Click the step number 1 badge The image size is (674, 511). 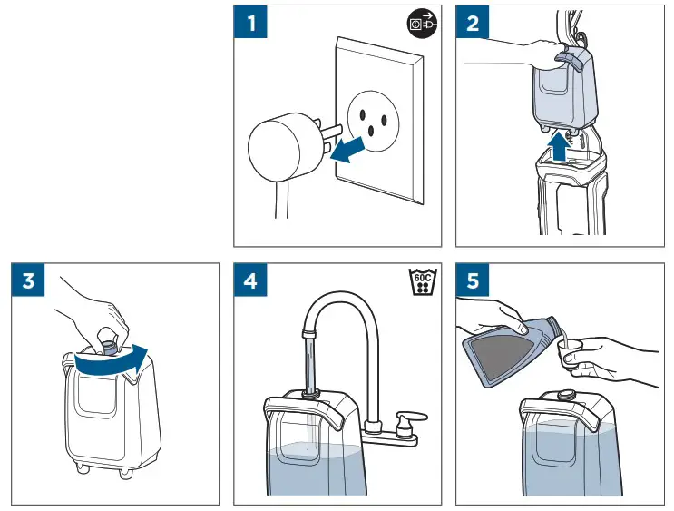tap(250, 22)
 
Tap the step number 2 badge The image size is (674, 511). tap(473, 22)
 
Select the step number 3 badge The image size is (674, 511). tap(28, 280)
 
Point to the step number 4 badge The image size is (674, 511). tap(250, 280)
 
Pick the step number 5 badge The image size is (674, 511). tap(473, 280)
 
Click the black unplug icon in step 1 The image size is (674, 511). tap(422, 23)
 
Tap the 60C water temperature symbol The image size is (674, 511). tap(422, 282)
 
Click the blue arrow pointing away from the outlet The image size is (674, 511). tap(347, 151)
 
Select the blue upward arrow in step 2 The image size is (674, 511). tap(560, 147)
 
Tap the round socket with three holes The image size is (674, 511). tap(373, 121)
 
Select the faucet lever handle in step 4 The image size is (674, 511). tap(411, 418)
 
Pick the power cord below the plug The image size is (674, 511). tap(281, 200)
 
